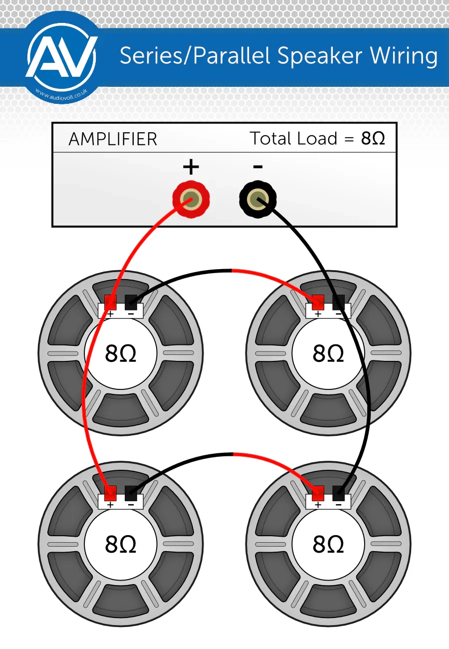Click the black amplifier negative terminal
click(x=257, y=201)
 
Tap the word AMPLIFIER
click(x=113, y=139)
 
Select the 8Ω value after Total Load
click(x=373, y=138)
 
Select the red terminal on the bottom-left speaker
click(x=110, y=493)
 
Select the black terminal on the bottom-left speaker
click(x=131, y=493)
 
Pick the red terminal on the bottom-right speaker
click(x=318, y=493)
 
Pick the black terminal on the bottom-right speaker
click(x=339, y=493)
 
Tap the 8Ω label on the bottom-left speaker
click(x=121, y=544)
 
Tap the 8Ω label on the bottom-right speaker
click(x=328, y=544)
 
